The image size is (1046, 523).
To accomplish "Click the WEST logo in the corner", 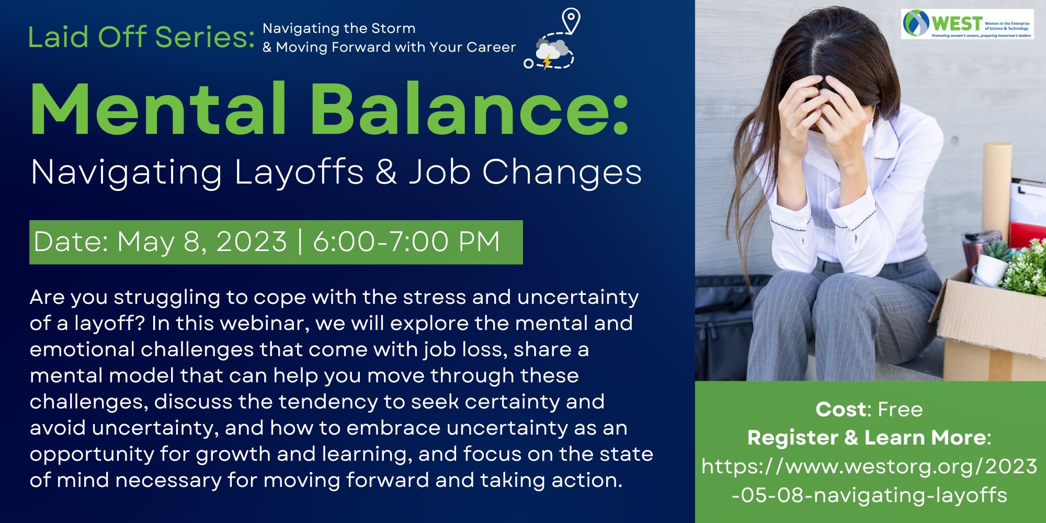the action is click(967, 24).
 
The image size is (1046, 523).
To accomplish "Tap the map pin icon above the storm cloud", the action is click(571, 21).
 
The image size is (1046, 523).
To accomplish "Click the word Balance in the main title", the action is click(462, 110).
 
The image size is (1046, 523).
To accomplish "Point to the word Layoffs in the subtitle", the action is click(299, 173).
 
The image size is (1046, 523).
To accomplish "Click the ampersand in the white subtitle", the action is click(386, 173).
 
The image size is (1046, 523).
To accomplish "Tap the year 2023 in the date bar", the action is click(252, 242).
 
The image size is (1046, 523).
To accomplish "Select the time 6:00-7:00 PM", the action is click(406, 242).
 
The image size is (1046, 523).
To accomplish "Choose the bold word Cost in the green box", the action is click(841, 410).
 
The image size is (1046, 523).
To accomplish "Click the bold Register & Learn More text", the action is click(867, 438).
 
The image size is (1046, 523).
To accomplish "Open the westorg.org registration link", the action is click(869, 481).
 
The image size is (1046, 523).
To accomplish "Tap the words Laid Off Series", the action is click(141, 37).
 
